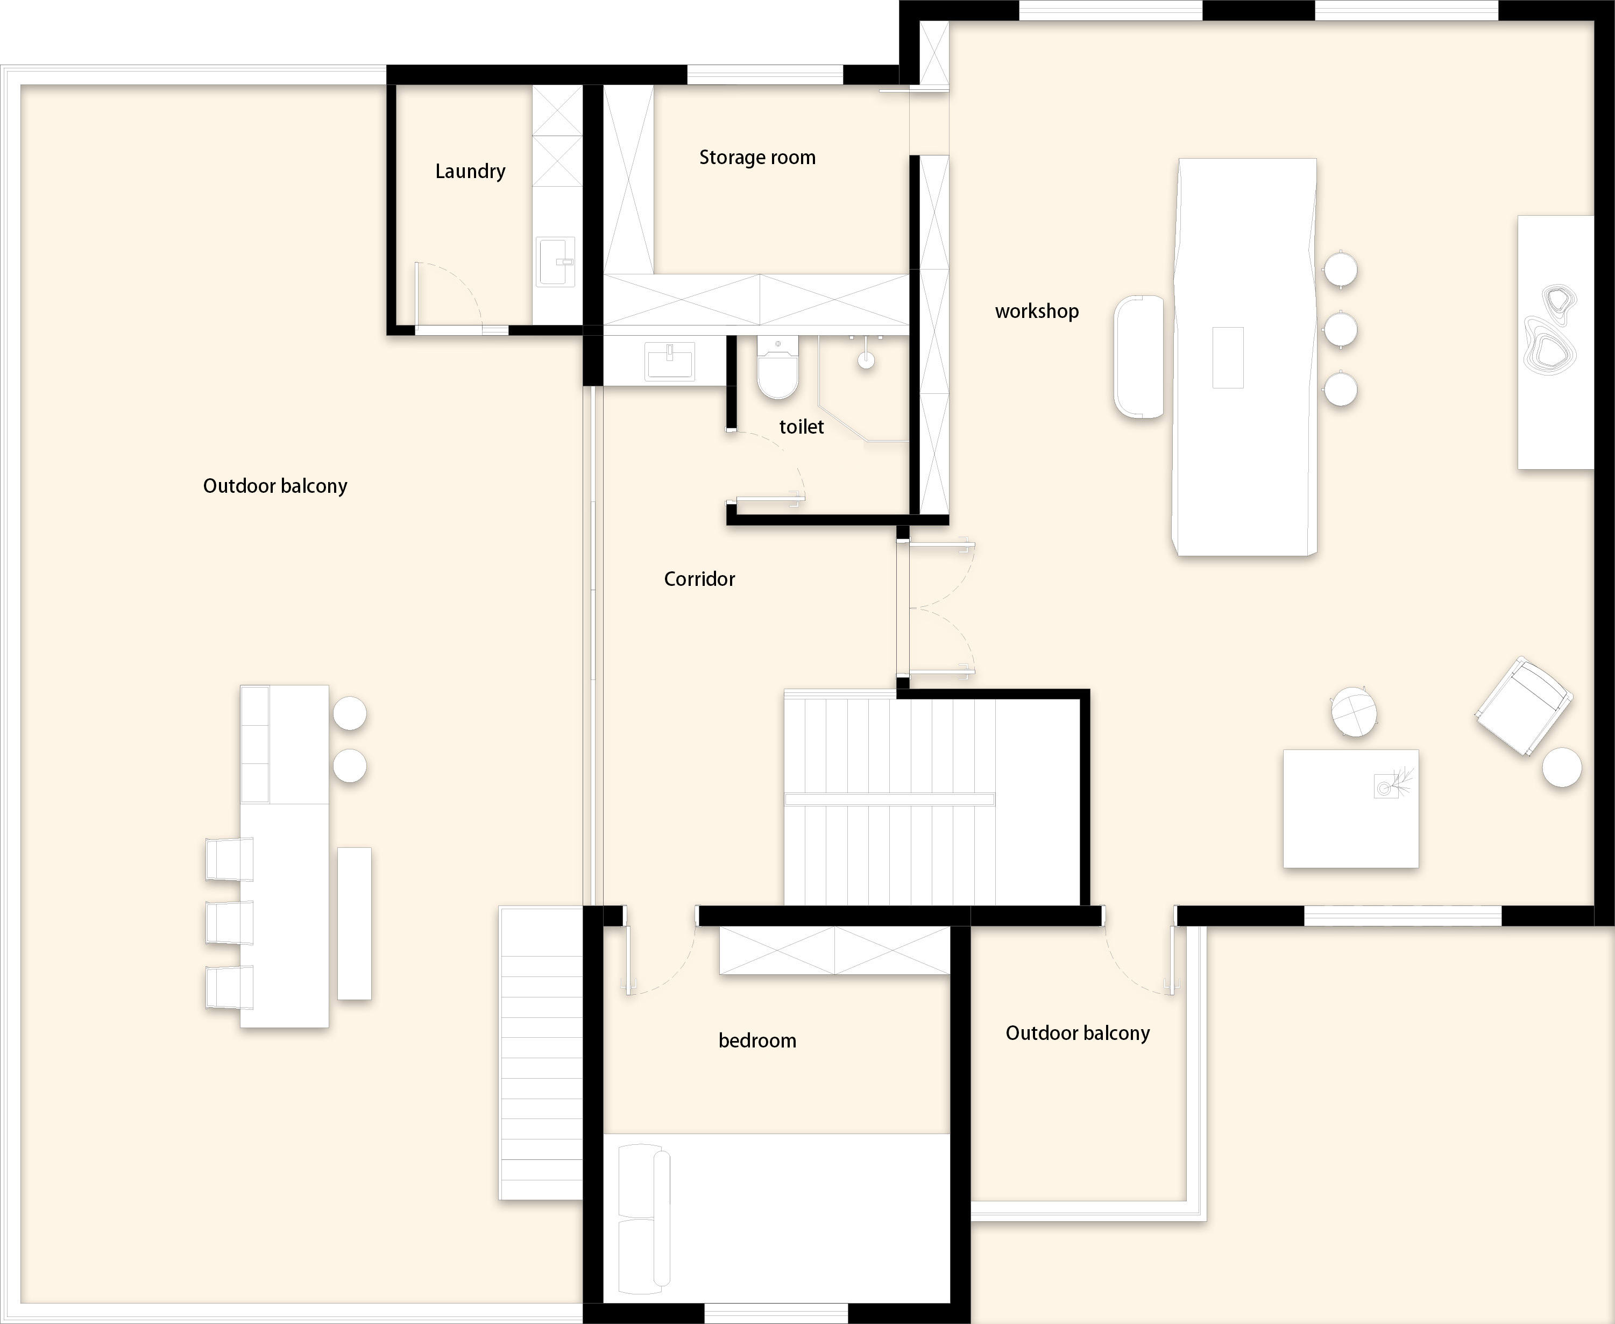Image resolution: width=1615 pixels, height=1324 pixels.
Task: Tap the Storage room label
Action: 757,158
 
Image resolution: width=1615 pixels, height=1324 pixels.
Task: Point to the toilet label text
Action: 802,427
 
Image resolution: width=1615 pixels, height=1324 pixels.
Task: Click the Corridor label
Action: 699,579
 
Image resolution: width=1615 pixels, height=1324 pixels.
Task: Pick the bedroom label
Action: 757,1040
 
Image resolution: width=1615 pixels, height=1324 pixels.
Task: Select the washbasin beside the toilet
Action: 669,361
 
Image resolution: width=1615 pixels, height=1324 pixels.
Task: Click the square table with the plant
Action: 1350,809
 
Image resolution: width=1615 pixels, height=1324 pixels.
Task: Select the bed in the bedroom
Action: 777,1218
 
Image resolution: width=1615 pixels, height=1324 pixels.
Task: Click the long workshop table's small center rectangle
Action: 1228,358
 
